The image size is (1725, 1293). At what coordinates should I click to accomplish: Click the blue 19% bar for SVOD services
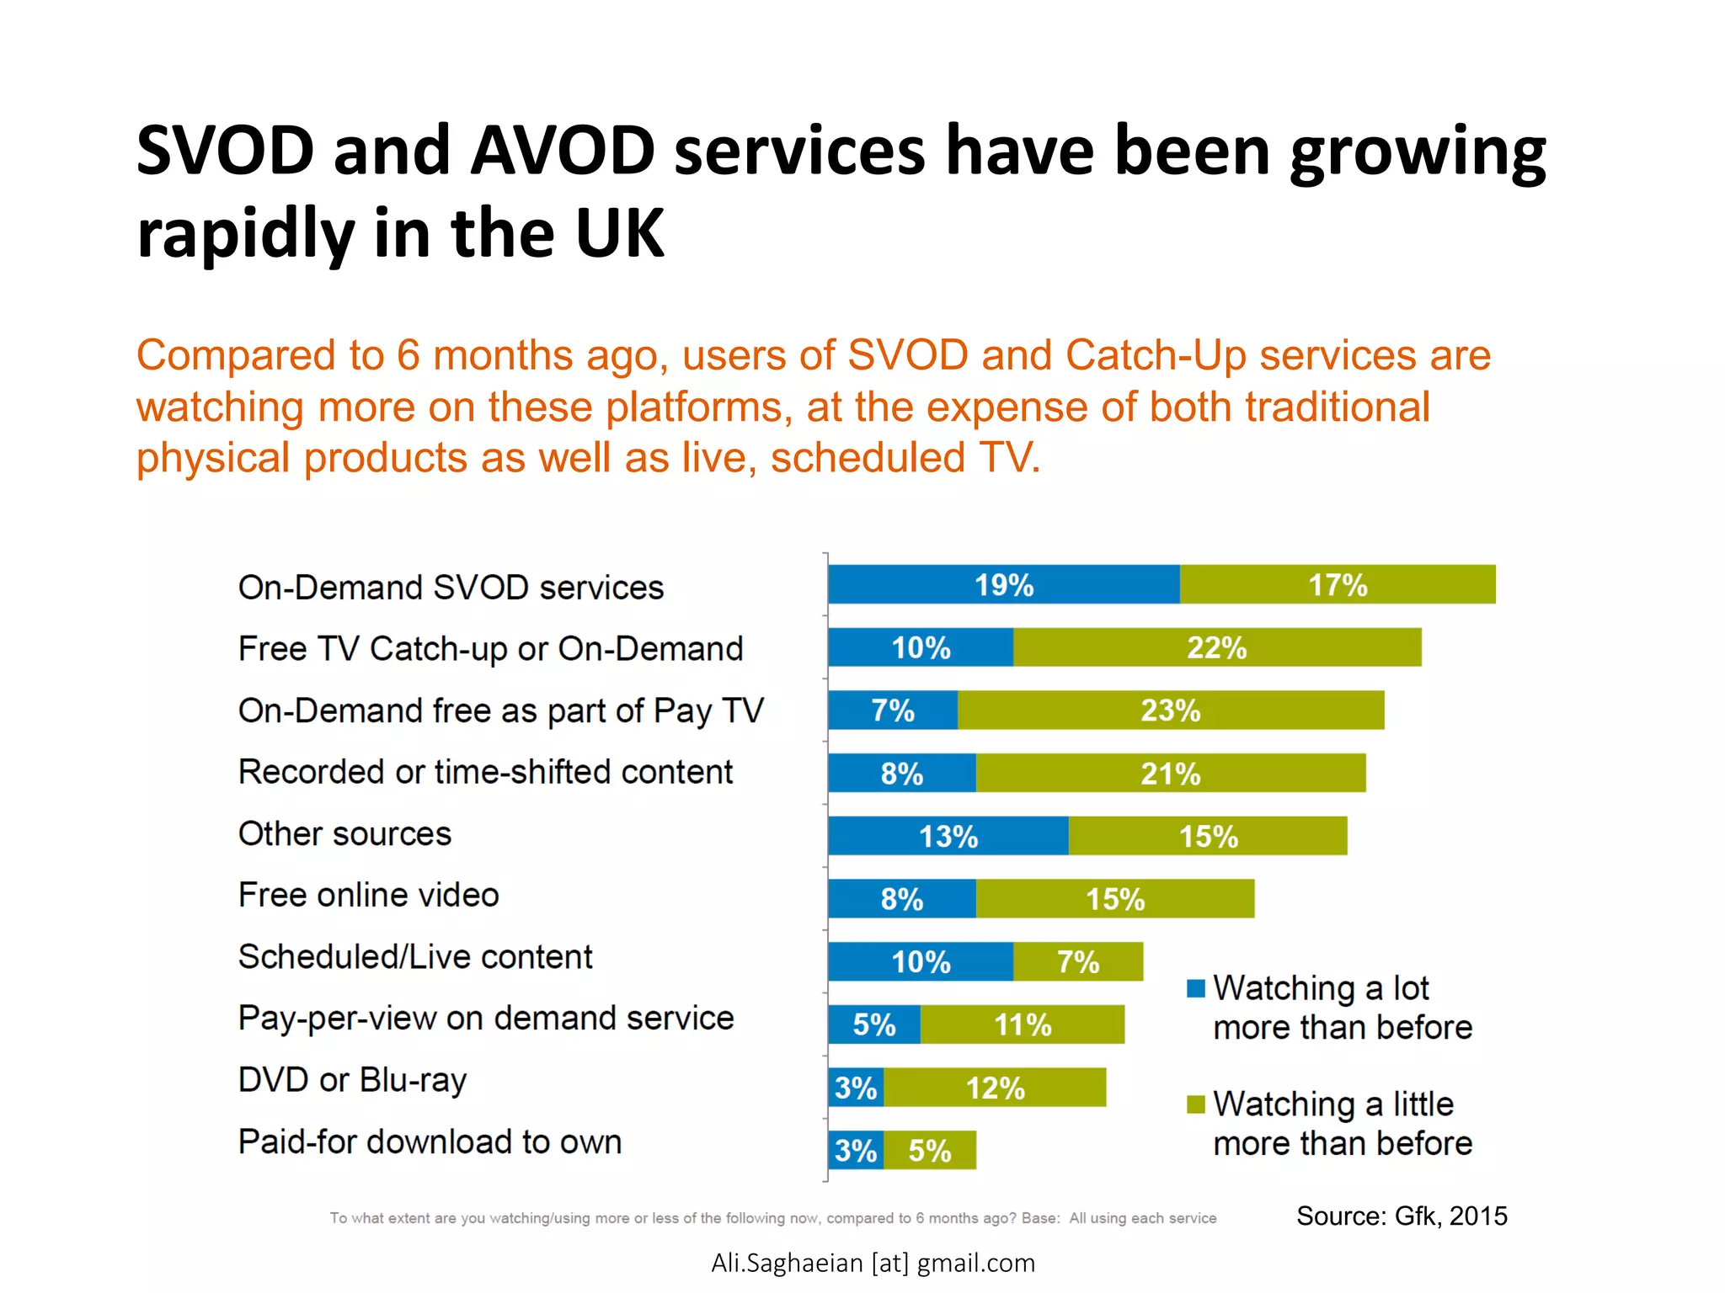point(1004,584)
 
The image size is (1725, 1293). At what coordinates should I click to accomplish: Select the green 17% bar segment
point(1338,584)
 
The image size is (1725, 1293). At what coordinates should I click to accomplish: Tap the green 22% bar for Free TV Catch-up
point(1217,647)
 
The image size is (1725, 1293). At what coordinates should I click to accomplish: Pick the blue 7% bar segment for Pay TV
point(893,710)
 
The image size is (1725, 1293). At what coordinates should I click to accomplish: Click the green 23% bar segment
point(1171,710)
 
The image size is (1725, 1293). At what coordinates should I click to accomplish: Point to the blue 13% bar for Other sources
point(948,836)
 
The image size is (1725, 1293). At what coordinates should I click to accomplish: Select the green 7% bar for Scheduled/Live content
point(1078,961)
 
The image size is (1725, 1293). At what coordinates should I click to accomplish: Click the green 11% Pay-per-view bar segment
point(1023,1024)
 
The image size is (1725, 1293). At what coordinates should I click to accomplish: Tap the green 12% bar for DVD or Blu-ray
point(995,1088)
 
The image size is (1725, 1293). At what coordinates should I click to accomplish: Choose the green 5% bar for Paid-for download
point(930,1150)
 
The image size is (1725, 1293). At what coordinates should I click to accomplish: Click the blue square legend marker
point(1195,988)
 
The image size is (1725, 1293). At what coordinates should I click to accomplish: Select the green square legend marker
point(1195,1104)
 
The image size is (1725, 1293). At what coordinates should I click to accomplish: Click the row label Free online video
point(369,895)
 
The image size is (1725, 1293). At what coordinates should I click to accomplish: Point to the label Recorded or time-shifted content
point(486,772)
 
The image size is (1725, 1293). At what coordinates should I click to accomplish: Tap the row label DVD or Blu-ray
point(352,1080)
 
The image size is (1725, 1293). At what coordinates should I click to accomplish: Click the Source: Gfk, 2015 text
point(1402,1216)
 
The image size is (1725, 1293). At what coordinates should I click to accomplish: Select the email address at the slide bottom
point(873,1263)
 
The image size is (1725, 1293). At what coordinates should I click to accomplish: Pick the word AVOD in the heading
point(563,151)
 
